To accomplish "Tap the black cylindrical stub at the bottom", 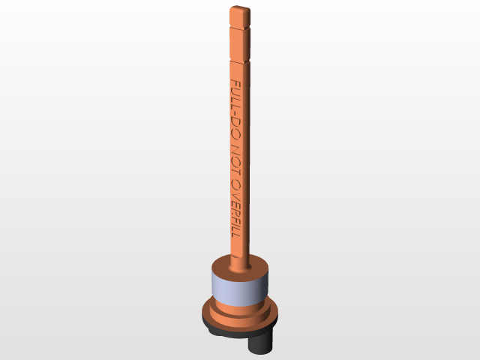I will coord(261,343).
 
